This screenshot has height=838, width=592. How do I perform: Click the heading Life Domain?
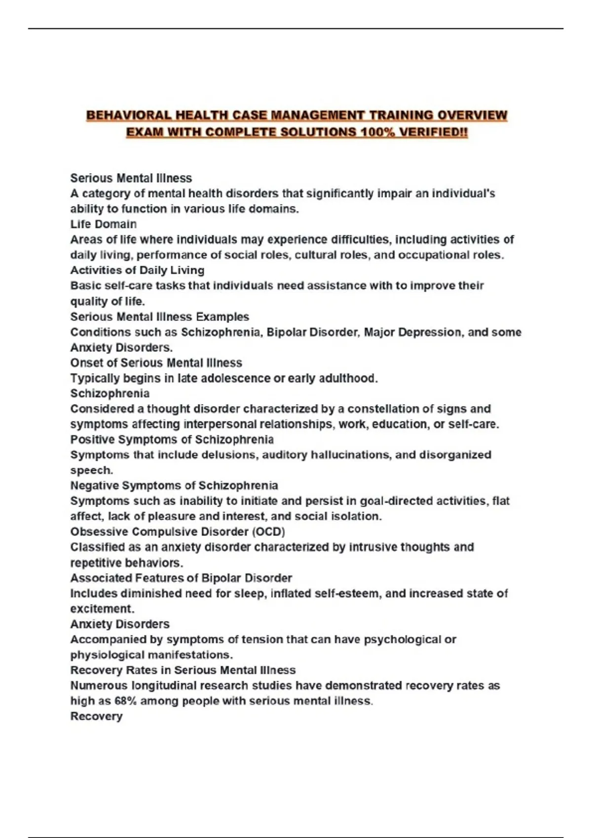click(x=104, y=224)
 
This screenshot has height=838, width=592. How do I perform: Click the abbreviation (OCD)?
click(x=269, y=532)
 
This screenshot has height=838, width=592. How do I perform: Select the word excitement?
click(x=102, y=609)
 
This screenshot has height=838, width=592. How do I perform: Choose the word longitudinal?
click(x=168, y=685)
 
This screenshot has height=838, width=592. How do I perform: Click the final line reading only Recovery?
click(x=96, y=716)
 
